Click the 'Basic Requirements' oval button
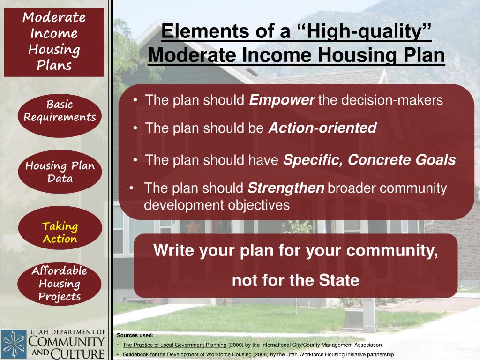coord(60,111)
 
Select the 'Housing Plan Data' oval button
coord(60,172)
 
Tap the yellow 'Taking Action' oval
coord(60,232)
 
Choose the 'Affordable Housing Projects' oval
coord(60,284)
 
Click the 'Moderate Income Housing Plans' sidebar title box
coord(54,42)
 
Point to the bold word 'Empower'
coord(281,100)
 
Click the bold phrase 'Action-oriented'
coord(322,128)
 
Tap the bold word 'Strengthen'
coord(285,188)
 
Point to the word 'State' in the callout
coord(339,280)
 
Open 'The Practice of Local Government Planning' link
coord(174,345)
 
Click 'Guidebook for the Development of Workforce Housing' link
coord(187,354)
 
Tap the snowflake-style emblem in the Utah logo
coord(14,345)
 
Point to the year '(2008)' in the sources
coord(261,354)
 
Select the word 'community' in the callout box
coord(400,251)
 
